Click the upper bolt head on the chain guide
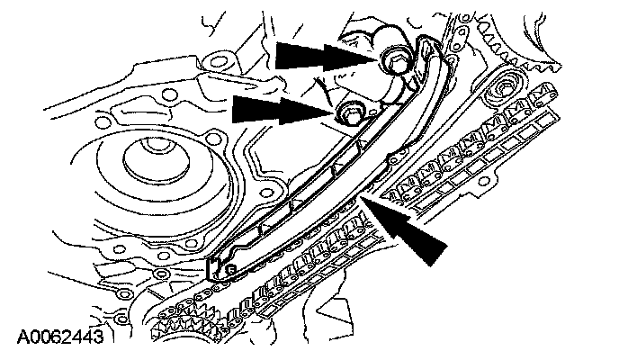(396, 60)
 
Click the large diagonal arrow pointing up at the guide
(409, 226)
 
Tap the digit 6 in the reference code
(56, 338)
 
